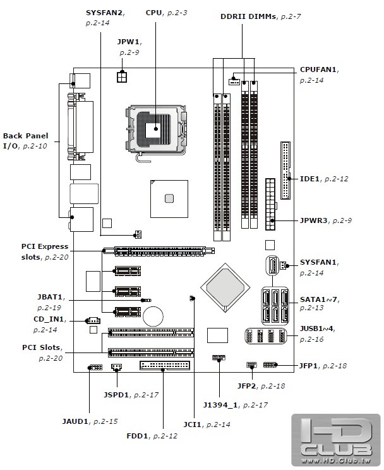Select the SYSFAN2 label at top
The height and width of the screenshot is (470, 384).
(x=104, y=13)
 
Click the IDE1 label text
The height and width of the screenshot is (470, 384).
(x=309, y=179)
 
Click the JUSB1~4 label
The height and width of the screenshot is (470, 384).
(x=315, y=328)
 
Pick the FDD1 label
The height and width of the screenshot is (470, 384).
(x=139, y=436)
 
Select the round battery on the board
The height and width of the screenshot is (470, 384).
(x=153, y=314)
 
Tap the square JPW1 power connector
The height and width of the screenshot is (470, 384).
(x=121, y=76)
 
